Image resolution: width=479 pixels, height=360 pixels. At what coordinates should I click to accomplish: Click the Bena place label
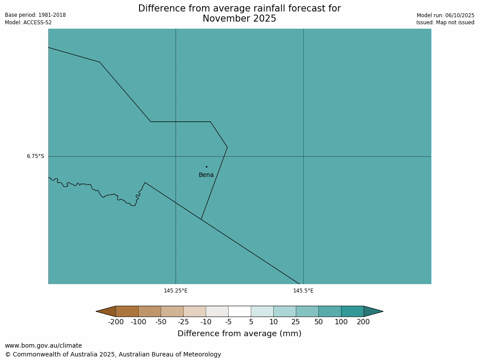206,175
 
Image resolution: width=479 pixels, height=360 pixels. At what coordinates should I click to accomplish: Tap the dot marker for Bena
206,167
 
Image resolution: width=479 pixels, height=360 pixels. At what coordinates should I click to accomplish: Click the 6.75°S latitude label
35,156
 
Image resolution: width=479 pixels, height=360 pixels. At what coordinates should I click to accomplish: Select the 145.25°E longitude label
176,291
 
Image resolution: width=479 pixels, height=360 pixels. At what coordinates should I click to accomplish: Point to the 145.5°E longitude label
303,291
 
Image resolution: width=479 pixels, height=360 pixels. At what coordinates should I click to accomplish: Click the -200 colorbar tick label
116,322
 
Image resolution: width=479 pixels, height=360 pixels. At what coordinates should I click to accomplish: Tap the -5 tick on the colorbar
228,322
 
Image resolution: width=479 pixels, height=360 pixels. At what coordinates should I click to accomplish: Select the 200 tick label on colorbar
363,322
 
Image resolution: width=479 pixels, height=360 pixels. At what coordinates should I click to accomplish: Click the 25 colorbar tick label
296,322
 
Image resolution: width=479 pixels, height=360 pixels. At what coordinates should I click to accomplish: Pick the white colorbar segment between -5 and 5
240,311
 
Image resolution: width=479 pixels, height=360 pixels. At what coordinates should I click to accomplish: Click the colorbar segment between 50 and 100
330,311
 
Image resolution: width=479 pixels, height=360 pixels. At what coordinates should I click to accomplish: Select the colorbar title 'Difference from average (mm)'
239,334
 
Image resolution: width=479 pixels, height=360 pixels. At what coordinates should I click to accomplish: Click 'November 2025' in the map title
239,19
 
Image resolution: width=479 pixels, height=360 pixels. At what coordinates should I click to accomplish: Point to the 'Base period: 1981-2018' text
35,15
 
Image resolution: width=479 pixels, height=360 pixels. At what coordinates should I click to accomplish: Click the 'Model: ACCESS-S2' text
28,22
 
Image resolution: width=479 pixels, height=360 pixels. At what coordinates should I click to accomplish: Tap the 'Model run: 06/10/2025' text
445,15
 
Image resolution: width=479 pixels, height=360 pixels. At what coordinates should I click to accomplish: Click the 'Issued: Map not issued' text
445,22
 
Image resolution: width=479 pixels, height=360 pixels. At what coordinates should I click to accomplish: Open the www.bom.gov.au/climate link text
43,346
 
